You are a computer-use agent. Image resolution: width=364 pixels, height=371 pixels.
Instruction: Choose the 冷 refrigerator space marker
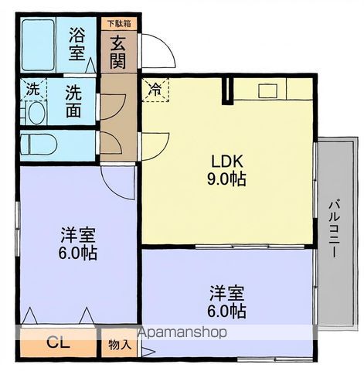coord(155,89)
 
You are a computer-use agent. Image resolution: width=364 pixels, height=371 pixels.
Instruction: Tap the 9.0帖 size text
coord(229,179)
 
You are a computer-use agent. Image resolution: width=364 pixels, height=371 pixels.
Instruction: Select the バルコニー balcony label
coord(334,229)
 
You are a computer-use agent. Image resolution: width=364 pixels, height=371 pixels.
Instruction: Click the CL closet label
coord(56,342)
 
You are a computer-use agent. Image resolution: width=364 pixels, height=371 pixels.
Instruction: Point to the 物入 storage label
coord(119,344)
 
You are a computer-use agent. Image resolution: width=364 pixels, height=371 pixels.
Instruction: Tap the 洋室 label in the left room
coord(79,235)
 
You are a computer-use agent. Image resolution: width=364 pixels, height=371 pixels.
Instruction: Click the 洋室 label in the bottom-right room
coord(227,294)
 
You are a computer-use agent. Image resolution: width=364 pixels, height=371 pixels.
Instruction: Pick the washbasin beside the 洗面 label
coord(34,113)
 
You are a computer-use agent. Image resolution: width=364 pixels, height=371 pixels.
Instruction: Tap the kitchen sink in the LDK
coord(267,90)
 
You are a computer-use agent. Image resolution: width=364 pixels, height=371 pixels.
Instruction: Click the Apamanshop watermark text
coord(182,333)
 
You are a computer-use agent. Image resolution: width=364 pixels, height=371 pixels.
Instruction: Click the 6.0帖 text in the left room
coord(79,253)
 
